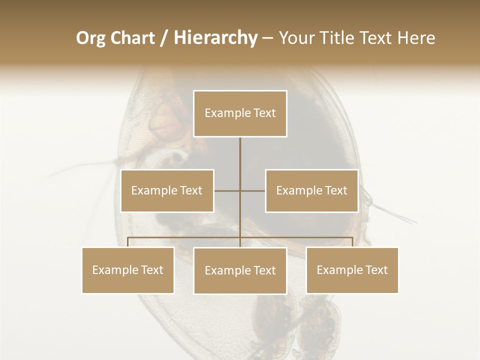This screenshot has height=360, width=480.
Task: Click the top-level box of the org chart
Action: tap(240, 113)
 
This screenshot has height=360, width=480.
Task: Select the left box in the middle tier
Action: tap(167, 190)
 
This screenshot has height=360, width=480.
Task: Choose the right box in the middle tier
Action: tap(311, 190)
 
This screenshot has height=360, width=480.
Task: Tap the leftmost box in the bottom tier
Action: tap(128, 270)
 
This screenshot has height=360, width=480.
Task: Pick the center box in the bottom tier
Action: tap(240, 270)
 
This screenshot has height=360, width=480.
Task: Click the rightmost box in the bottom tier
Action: tap(352, 270)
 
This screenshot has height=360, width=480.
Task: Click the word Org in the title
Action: tap(91, 38)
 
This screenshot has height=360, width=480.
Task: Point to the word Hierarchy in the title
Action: tap(215, 38)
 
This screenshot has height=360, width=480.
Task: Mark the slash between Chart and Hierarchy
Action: tap(164, 38)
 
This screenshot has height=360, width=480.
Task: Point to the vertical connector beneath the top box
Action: tap(240, 160)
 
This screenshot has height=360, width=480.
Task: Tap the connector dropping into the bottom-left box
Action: tap(128, 242)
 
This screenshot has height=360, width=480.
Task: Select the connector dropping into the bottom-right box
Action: tap(352, 242)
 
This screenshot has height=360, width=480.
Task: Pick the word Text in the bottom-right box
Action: tap(376, 270)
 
